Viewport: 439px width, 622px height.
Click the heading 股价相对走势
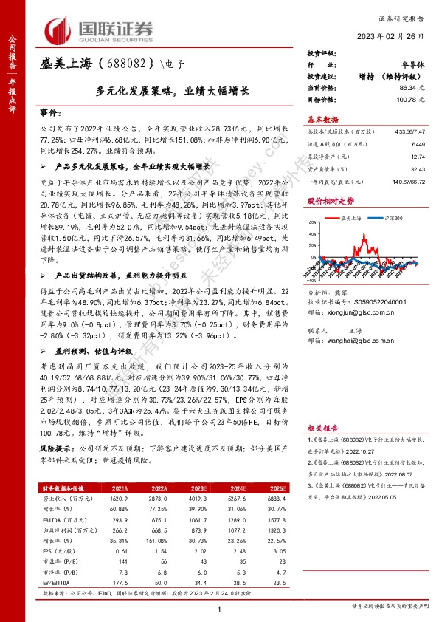click(330, 199)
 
